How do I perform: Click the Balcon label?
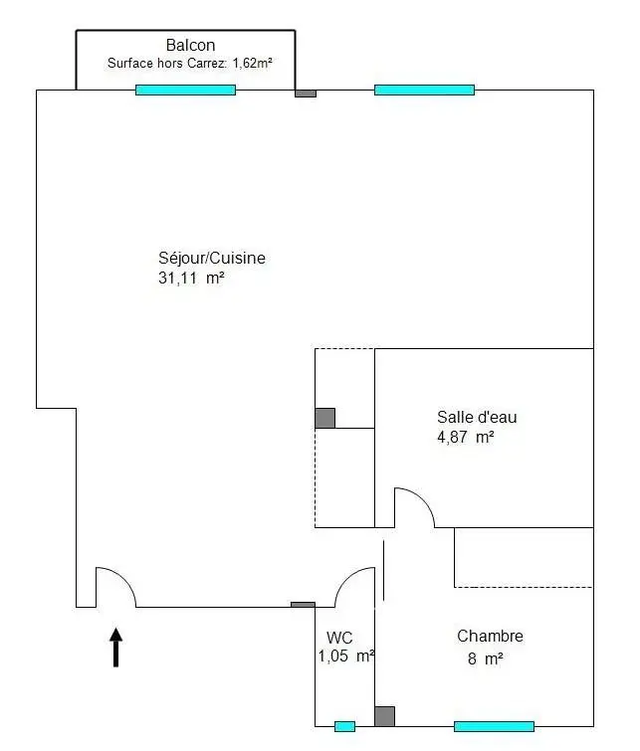point(190,45)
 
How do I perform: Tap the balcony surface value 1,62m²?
point(253,63)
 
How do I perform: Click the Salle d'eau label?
point(477,417)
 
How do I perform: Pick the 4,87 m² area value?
point(465,437)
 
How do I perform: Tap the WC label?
point(339,638)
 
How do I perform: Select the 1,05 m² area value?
point(345,657)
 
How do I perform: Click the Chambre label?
point(490,637)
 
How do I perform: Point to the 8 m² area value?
point(484,657)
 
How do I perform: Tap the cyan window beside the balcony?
point(185,90)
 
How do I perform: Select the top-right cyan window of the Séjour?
point(424,90)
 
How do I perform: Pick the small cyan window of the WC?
point(344,726)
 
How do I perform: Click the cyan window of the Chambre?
point(494,726)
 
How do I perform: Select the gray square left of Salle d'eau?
point(324,418)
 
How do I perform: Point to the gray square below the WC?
point(384,716)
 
